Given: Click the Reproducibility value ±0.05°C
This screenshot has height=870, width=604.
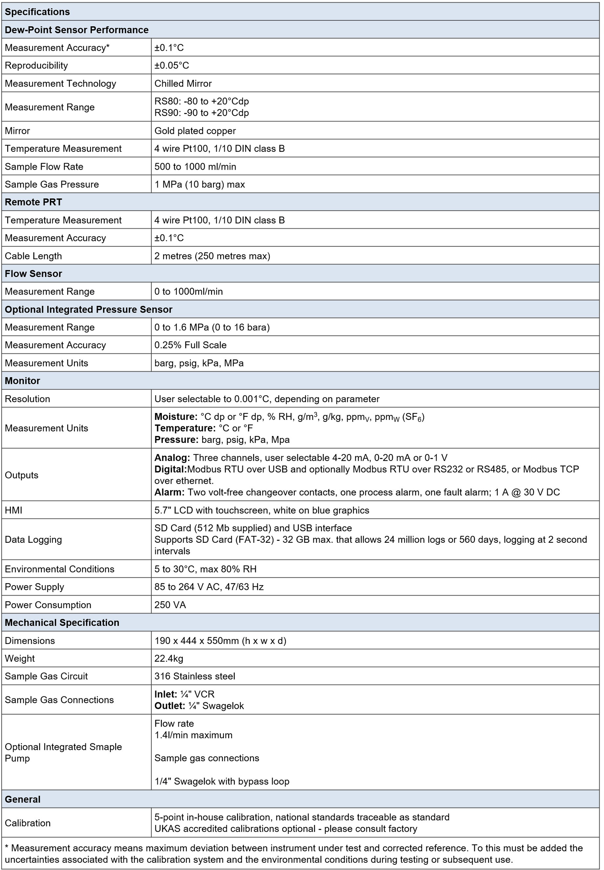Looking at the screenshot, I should point(172,65).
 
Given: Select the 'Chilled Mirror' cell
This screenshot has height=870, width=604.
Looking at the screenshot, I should point(183,83).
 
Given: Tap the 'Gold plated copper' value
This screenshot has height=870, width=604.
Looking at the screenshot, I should point(195,131).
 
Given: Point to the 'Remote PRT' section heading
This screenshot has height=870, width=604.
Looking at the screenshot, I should point(33,202).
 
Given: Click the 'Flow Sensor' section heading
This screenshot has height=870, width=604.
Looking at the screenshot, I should point(33,274).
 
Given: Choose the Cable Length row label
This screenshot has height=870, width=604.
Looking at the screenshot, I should point(33,256).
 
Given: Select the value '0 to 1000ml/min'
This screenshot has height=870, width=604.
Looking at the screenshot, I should point(188,291).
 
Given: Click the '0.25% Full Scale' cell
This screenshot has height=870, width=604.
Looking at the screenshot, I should point(190,345).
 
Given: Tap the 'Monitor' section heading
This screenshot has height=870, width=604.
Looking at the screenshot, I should point(23,381).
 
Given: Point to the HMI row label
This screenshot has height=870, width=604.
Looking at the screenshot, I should point(13,510).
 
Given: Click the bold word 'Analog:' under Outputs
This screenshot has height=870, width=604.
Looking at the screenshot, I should point(172,458).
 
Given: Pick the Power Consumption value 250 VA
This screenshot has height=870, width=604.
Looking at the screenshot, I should point(170,605).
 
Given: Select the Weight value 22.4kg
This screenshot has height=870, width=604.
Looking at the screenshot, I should point(169,658).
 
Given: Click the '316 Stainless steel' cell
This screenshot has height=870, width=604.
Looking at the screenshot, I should point(195,676).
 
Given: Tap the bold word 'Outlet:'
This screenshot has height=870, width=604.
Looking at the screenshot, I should point(170,706).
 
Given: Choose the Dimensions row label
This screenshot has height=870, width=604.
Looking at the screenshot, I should point(30,641).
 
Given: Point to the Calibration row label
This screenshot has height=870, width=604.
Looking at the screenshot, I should point(28,823).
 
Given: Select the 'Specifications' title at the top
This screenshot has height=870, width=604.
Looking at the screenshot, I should point(37,12).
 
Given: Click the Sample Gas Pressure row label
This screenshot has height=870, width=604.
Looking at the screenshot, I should point(52,184).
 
